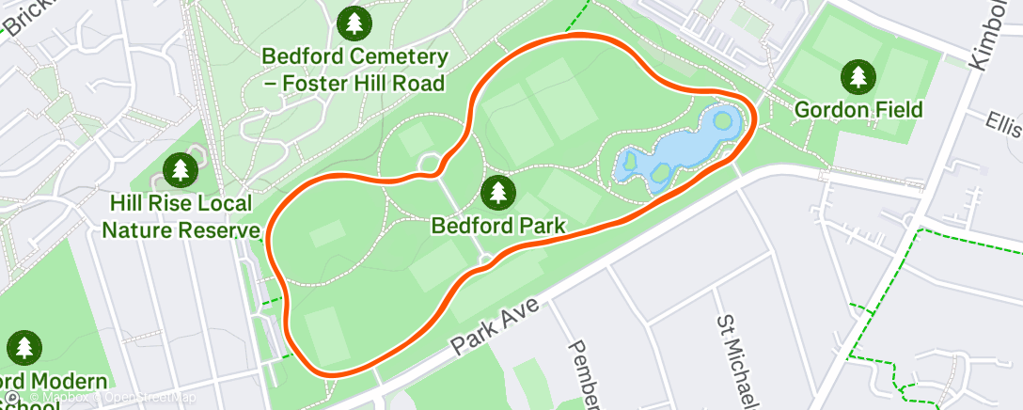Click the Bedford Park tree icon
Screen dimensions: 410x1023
pos(498,193)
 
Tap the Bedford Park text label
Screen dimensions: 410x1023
pos(498,226)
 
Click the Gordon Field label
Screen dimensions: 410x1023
pos(858,110)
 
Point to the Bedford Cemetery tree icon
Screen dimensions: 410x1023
pos(354,23)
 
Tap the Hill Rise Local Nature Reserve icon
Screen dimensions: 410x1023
pos(180,170)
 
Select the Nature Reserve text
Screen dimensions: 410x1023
pos(181,229)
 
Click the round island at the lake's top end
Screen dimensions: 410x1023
pos(722,120)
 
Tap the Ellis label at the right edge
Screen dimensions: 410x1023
pos(1003,122)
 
